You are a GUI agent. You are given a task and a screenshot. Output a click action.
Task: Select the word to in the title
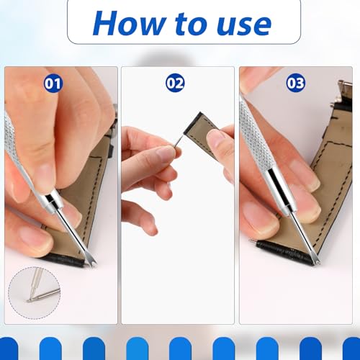[186, 24]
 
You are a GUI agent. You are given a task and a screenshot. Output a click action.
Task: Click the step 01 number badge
[53, 83]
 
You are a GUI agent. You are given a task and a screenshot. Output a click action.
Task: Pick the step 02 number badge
[175, 83]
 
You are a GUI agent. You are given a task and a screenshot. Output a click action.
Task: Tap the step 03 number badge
[295, 83]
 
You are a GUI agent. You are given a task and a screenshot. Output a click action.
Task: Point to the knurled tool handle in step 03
[252, 144]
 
